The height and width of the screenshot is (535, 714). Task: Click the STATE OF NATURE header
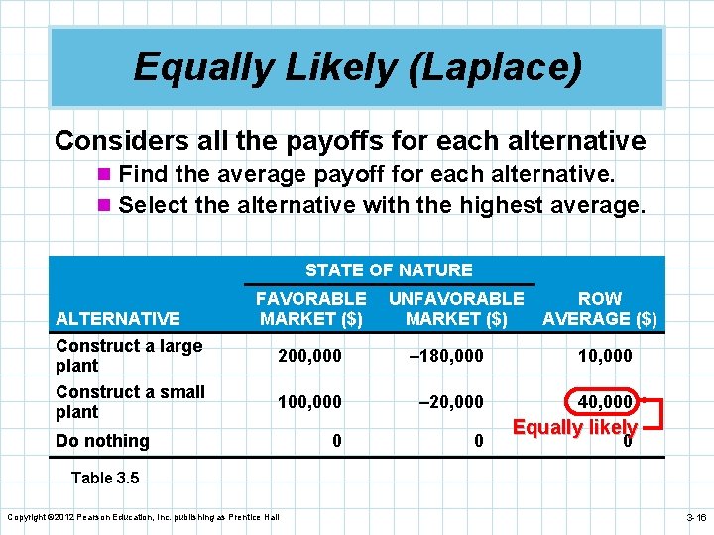pyautogui.click(x=389, y=269)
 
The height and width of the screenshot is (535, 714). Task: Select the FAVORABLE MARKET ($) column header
pyautogui.click(x=310, y=308)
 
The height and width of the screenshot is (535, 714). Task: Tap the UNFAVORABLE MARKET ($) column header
pyautogui.click(x=456, y=308)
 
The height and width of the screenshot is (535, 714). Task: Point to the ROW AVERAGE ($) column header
pyautogui.click(x=600, y=308)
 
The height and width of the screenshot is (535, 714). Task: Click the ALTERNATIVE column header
pyautogui.click(x=118, y=318)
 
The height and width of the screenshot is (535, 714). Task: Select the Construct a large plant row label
pyautogui.click(x=129, y=355)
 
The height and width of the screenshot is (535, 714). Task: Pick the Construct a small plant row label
pyautogui.click(x=130, y=401)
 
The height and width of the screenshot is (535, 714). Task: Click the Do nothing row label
pyautogui.click(x=102, y=441)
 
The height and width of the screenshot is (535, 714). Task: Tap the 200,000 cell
pyautogui.click(x=310, y=355)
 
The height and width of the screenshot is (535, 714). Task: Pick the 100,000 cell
pyautogui.click(x=310, y=401)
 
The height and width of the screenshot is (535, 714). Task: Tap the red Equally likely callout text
pyautogui.click(x=574, y=427)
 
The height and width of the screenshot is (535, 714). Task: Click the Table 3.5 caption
pyautogui.click(x=105, y=478)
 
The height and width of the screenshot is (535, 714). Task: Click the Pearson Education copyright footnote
pyautogui.click(x=143, y=517)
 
